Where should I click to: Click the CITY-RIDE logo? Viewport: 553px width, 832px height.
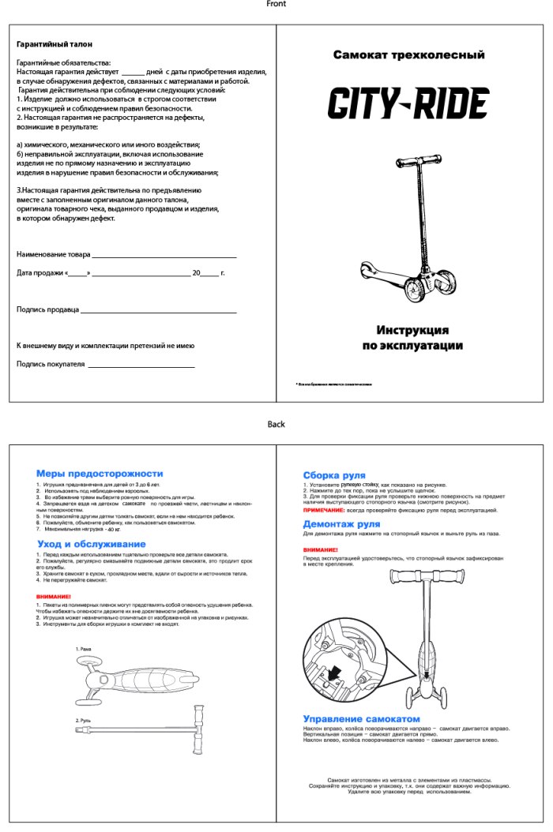[x=408, y=103]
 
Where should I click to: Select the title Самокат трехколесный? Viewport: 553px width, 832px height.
[x=408, y=55]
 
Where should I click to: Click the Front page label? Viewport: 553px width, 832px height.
[x=276, y=5]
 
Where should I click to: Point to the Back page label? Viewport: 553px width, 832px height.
[x=276, y=425]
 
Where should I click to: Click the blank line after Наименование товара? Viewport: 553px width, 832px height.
[x=164, y=257]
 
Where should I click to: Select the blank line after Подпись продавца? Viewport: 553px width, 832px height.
[x=159, y=313]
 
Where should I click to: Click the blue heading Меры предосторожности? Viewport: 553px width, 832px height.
[x=100, y=473]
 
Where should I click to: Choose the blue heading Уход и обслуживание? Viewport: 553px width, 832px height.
[x=91, y=544]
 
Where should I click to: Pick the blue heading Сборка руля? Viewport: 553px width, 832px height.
[x=334, y=475]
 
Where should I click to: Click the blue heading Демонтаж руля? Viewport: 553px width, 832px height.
[x=341, y=523]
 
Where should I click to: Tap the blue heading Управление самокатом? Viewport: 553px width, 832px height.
[x=362, y=719]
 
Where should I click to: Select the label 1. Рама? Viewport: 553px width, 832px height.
[x=84, y=649]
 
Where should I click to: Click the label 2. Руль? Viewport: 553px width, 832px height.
[x=85, y=721]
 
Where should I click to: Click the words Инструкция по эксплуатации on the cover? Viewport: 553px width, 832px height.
[x=412, y=338]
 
